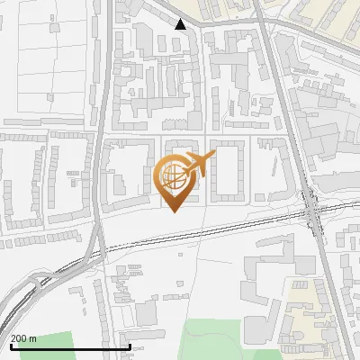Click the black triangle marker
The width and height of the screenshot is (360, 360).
point(181,24)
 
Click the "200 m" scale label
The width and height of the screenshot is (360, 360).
point(23,338)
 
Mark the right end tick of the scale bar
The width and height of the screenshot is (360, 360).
point(130,346)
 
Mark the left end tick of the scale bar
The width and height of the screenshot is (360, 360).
point(10,346)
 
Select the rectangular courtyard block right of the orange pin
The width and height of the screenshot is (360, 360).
point(227,170)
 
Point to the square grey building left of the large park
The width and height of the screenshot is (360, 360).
point(146,314)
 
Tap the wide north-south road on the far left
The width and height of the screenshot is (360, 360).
point(101,135)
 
